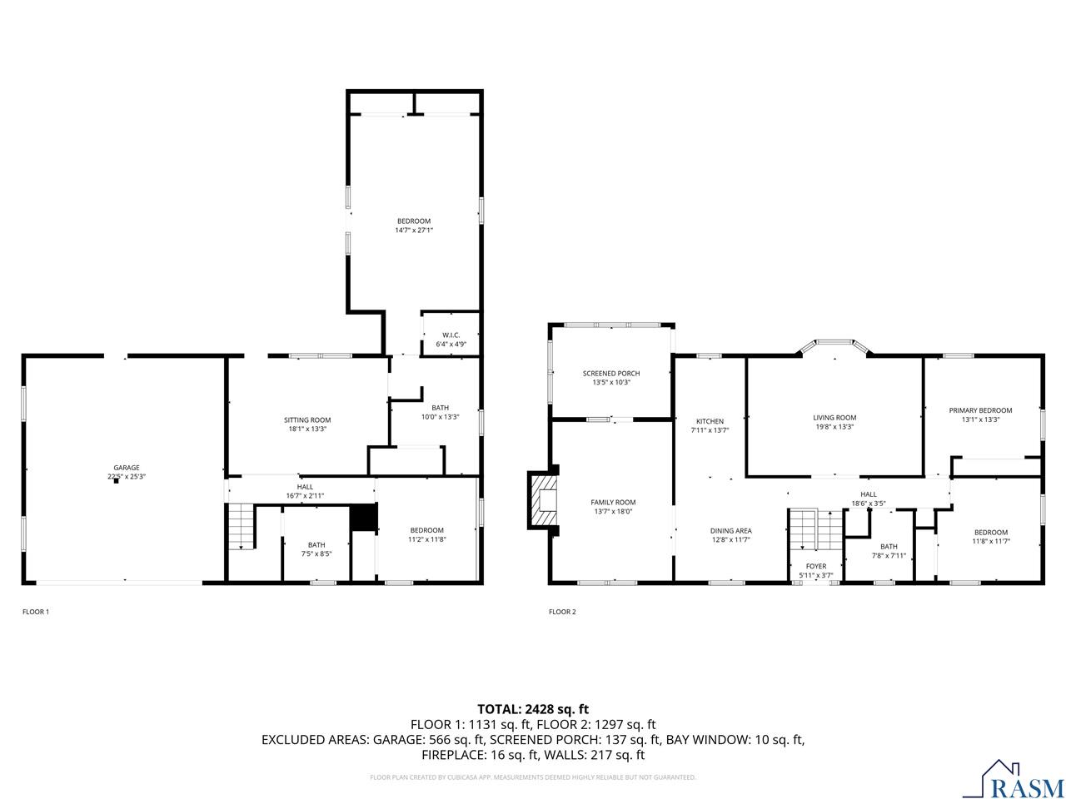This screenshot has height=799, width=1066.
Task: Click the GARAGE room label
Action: [x=127, y=468]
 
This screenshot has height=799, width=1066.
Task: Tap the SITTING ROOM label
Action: [x=307, y=420]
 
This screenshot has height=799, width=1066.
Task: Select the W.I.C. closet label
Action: [x=451, y=335]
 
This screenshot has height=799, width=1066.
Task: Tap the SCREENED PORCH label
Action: [x=611, y=373]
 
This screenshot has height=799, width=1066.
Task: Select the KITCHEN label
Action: [x=710, y=421]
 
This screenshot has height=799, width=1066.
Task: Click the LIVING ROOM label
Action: [x=834, y=418]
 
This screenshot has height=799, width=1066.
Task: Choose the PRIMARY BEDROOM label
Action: [x=980, y=410]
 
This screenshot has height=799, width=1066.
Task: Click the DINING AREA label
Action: [x=730, y=531]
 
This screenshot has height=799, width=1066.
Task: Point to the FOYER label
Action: [x=815, y=566]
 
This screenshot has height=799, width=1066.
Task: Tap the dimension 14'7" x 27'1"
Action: [x=414, y=231]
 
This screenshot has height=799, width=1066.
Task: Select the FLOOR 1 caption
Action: [x=36, y=612]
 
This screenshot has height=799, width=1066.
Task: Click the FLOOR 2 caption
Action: [x=562, y=612]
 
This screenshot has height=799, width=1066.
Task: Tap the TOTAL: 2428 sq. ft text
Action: [x=532, y=709]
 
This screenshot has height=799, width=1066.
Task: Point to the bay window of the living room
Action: [x=834, y=345]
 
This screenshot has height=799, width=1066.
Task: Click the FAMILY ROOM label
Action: [x=613, y=502]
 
